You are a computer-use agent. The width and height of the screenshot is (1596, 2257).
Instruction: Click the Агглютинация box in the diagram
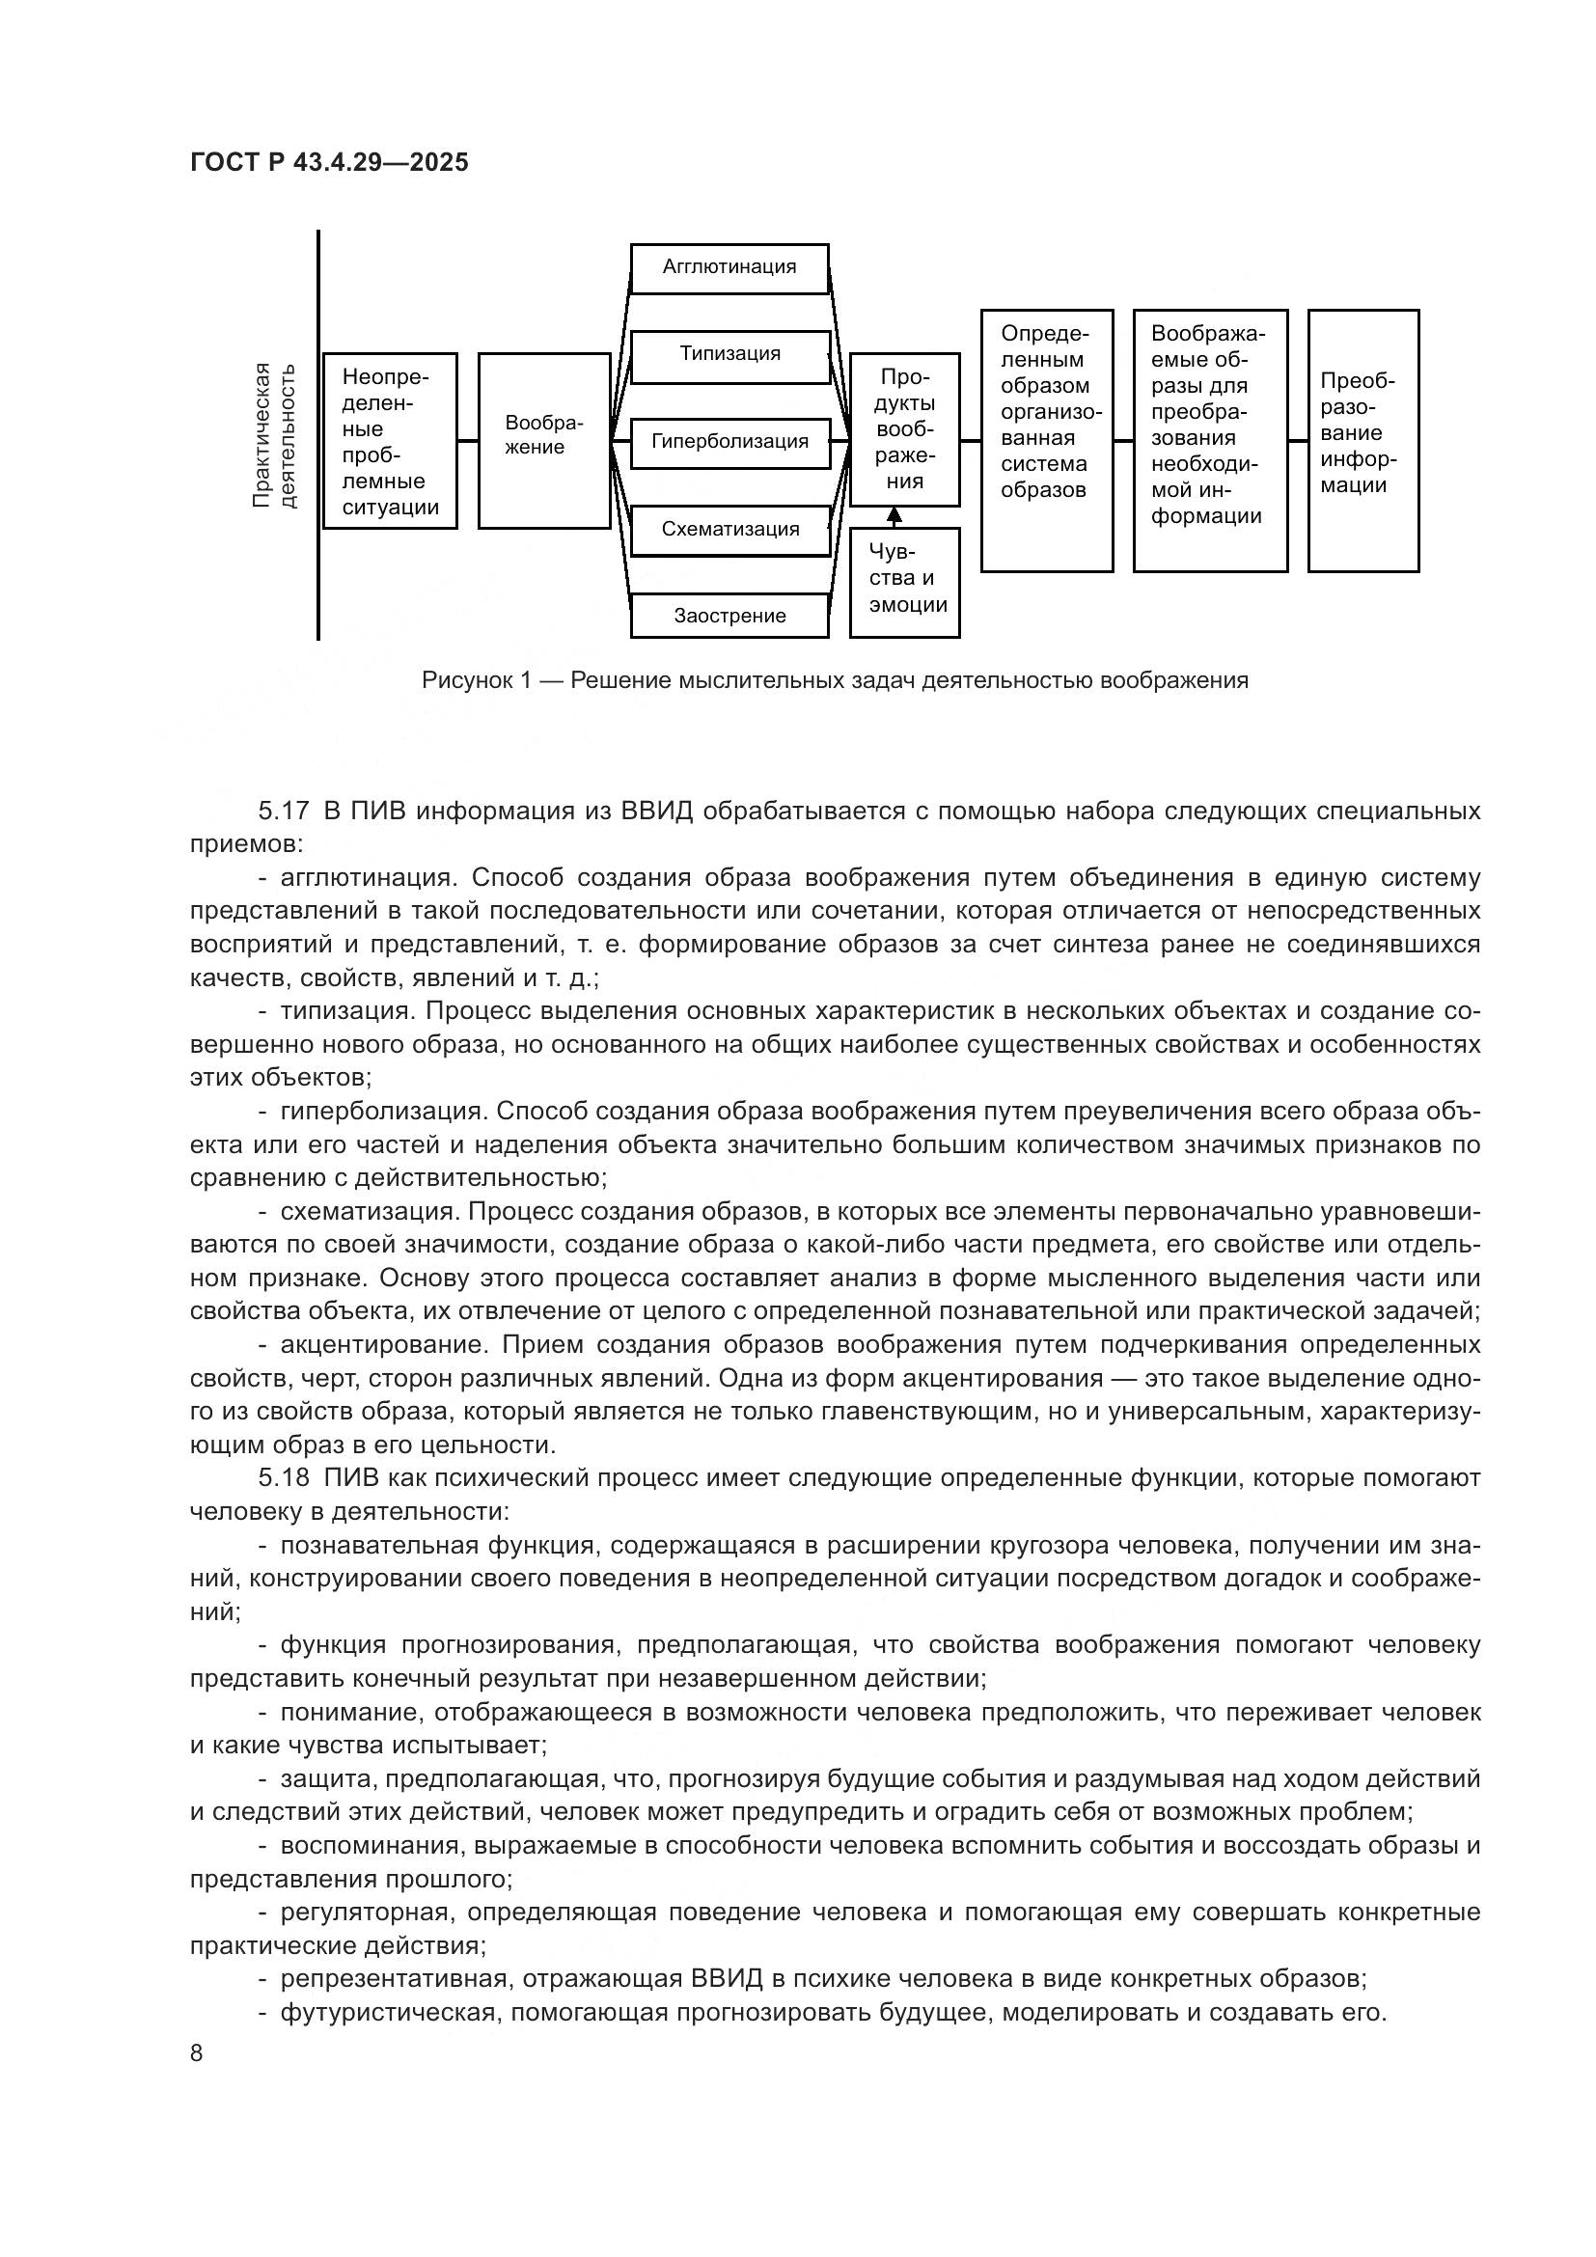729,267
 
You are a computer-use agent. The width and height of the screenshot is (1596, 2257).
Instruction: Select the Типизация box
729,355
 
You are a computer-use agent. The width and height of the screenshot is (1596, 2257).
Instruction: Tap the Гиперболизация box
729,442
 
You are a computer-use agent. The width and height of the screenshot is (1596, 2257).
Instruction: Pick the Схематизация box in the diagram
729,530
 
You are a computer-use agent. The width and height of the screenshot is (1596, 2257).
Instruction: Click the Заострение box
729,617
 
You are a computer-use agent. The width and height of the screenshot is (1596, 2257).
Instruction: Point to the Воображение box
544,439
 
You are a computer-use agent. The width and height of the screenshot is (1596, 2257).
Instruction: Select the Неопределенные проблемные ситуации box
390,440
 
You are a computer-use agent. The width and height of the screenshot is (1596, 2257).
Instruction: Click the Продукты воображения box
904,429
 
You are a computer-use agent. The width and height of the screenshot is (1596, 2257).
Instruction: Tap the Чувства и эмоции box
904,582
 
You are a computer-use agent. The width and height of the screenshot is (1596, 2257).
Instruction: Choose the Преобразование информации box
1362,439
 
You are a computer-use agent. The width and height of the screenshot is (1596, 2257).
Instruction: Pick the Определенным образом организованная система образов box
1047,439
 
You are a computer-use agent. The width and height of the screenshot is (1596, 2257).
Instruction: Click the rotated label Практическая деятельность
274,434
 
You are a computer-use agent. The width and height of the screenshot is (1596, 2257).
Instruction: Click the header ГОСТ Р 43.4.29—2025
328,163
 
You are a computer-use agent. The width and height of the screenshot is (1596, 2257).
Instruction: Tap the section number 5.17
284,811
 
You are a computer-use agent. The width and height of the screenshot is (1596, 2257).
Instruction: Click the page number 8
197,2052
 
